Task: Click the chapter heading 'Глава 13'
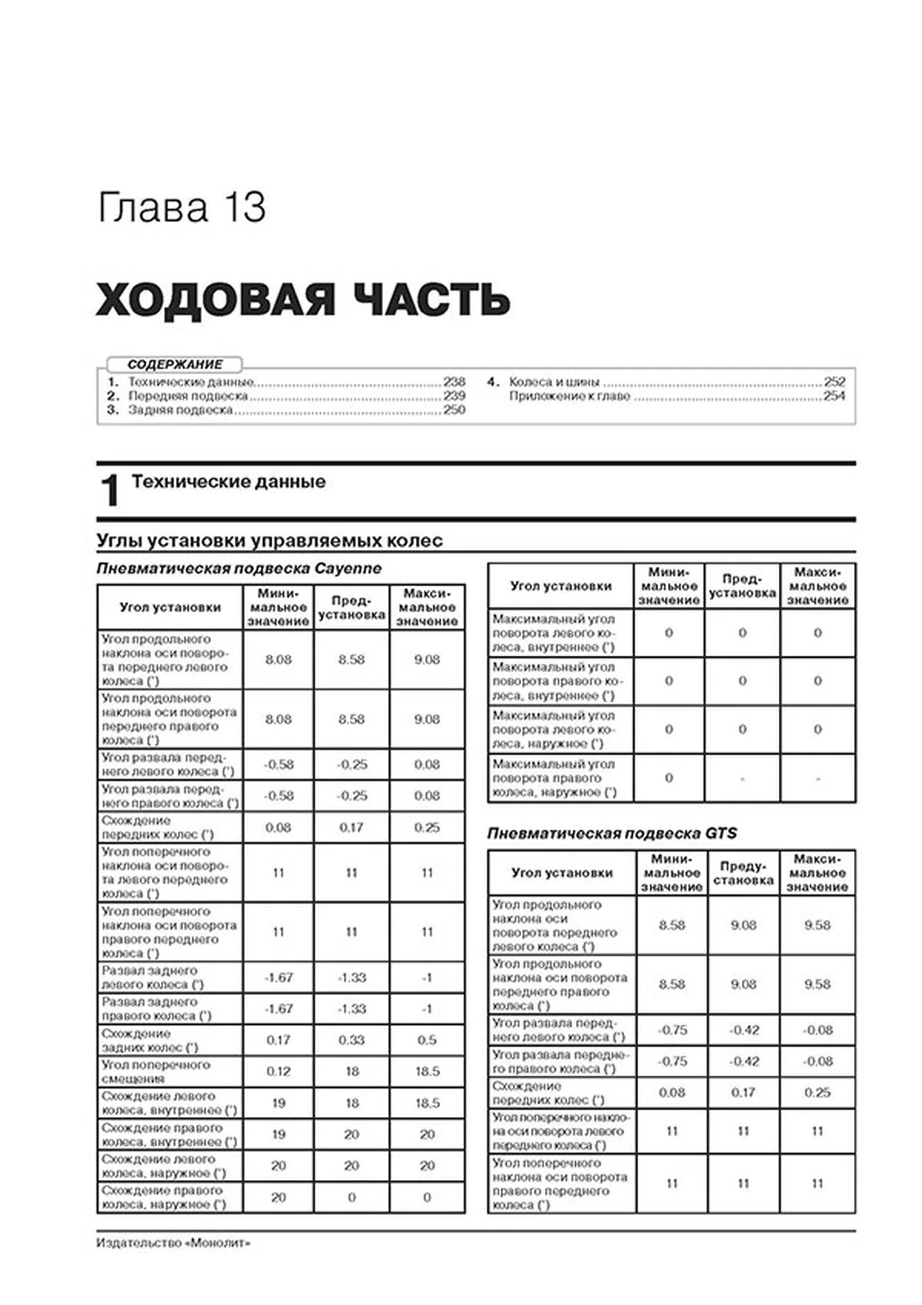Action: (182, 208)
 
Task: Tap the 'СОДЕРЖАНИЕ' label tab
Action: (174, 365)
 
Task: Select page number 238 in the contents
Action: (454, 382)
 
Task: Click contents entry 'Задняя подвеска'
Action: (180, 410)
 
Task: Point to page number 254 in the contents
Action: (834, 396)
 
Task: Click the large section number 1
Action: (110, 490)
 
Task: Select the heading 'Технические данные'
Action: (228, 482)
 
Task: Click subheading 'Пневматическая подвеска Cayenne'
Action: (239, 568)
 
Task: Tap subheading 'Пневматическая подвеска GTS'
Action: (611, 833)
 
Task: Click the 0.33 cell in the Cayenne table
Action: (351, 1040)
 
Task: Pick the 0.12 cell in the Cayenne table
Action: (278, 1072)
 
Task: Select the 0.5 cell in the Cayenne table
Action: (427, 1040)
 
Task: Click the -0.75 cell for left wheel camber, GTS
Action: (672, 1030)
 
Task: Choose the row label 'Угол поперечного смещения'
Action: (156, 1072)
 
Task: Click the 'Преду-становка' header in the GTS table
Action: (743, 873)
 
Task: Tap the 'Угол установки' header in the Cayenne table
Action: (170, 607)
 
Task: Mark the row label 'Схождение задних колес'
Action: (150, 1040)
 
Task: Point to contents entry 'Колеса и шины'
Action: (554, 382)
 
